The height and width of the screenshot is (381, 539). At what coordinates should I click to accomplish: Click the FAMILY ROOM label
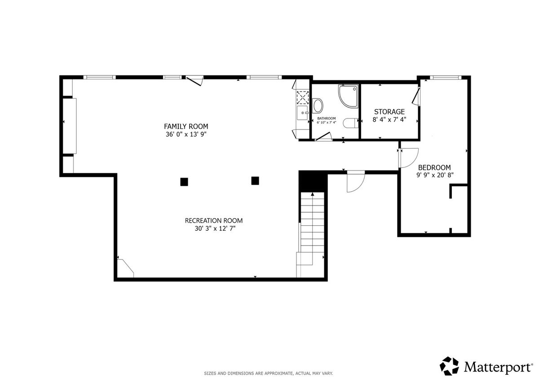[x=186, y=126]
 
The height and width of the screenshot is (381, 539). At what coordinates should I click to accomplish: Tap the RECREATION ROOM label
[x=214, y=220]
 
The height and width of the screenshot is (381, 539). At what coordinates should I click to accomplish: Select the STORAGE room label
[x=389, y=112]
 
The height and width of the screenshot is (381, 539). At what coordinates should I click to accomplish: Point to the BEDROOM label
[x=434, y=167]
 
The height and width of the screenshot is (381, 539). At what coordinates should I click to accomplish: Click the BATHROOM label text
[x=326, y=118]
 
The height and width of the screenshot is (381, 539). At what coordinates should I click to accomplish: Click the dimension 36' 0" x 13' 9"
[x=186, y=134]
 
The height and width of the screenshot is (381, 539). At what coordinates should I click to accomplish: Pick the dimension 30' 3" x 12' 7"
[x=215, y=228]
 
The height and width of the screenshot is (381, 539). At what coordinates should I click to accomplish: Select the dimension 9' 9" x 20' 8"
[x=435, y=175]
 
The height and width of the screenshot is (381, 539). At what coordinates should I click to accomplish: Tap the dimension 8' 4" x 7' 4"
[x=389, y=119]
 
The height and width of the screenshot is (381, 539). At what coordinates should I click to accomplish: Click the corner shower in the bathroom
[x=348, y=96]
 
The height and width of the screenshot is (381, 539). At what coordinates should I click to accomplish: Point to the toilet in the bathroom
[x=351, y=123]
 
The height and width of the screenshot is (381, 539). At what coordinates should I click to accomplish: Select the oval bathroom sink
[x=318, y=105]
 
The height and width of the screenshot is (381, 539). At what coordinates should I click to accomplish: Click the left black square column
[x=184, y=182]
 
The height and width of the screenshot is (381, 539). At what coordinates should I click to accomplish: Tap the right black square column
[x=255, y=181]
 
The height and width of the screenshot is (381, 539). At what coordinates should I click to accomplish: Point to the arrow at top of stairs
[x=313, y=194]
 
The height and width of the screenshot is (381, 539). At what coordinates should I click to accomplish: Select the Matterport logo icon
[x=449, y=367]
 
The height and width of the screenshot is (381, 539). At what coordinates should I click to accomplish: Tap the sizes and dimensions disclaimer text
[x=268, y=373]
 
